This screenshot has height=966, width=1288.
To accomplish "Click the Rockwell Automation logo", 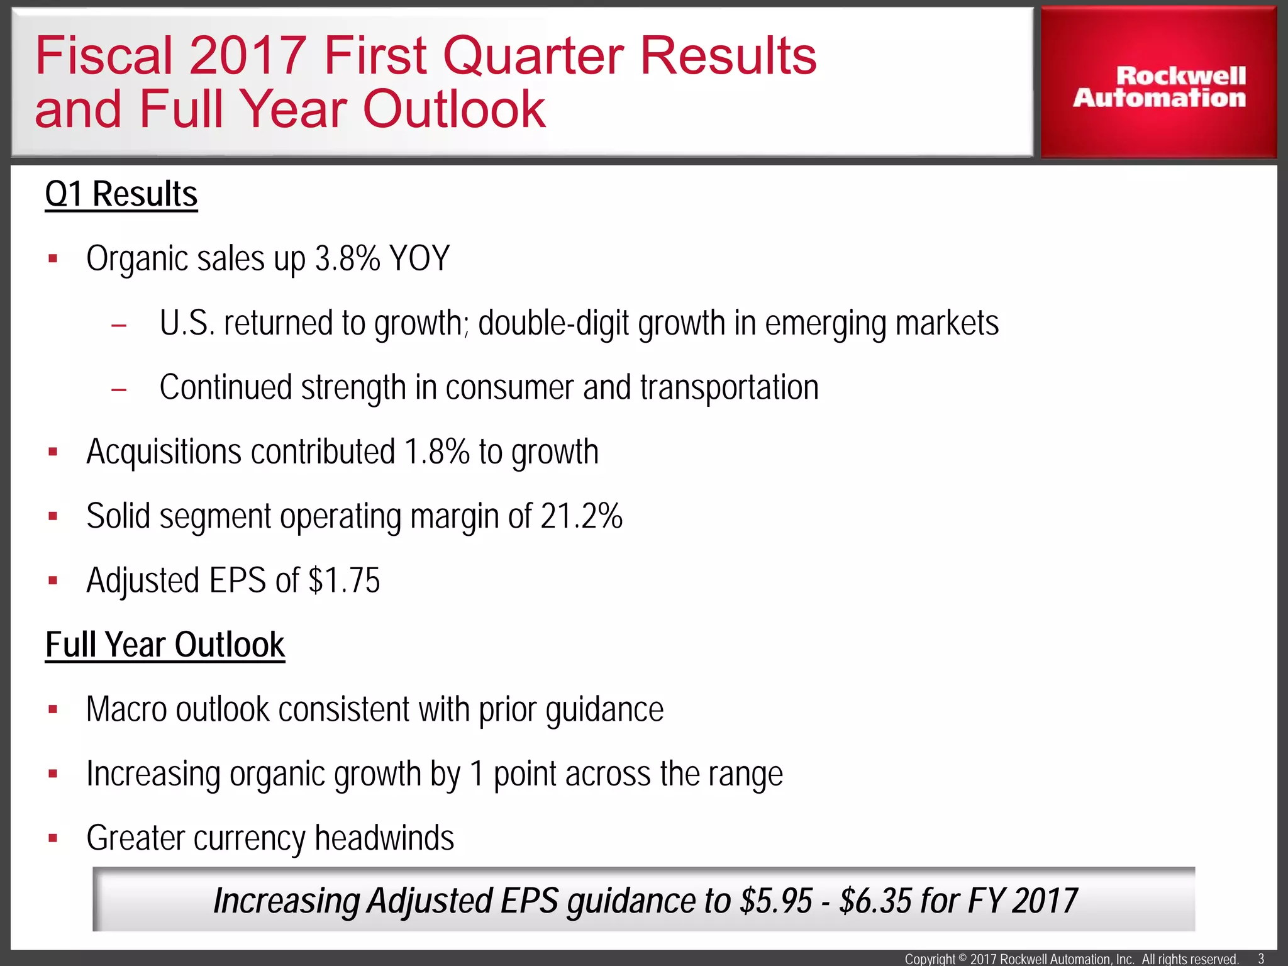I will tap(1159, 87).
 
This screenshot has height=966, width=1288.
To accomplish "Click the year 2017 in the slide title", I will tap(248, 55).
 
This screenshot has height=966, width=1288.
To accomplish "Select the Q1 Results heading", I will tap(121, 194).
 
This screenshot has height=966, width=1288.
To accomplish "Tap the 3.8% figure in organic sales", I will tap(348, 258).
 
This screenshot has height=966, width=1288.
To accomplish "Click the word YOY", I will tap(419, 258).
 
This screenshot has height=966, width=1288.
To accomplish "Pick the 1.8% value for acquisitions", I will tap(436, 452).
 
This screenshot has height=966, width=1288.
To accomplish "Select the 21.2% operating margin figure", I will tap(581, 516).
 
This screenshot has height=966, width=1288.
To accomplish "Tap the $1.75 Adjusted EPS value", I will tap(344, 580).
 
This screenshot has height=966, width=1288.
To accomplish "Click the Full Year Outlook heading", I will tap(165, 645).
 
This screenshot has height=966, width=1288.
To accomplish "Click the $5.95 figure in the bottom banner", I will tap(777, 901).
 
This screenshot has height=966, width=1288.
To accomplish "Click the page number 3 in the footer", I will tap(1260, 958).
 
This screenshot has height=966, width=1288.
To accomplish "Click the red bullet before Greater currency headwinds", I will tap(53, 838).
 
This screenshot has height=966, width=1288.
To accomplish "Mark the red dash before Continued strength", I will tap(118, 390).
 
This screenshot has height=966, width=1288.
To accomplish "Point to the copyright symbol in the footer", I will tap(962, 958).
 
